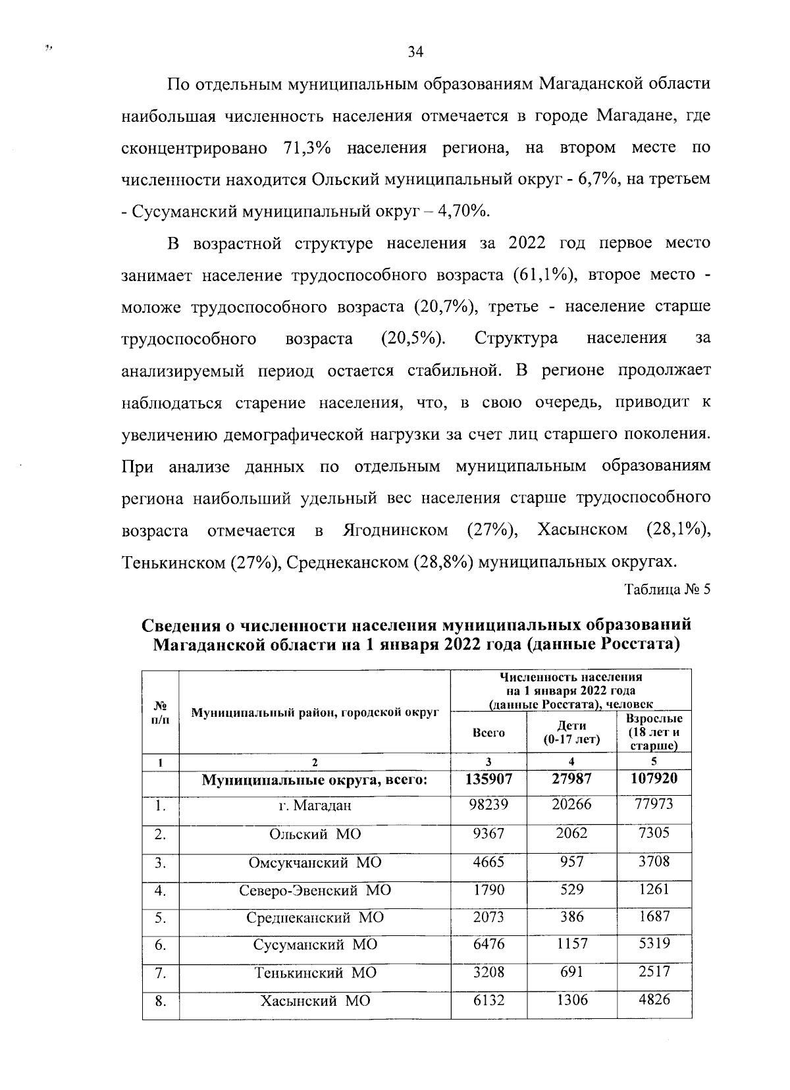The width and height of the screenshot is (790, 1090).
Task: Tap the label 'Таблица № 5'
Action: (668, 589)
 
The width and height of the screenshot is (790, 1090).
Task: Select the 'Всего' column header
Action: (488, 733)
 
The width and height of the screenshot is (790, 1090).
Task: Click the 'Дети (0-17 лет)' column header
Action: (571, 733)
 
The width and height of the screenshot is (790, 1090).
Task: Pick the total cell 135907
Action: (488, 780)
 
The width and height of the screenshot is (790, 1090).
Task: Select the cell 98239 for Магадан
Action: (488, 805)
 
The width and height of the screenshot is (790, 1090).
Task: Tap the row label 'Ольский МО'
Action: (315, 834)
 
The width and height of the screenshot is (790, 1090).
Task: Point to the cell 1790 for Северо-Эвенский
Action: (488, 889)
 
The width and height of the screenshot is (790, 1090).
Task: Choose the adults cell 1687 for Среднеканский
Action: (654, 916)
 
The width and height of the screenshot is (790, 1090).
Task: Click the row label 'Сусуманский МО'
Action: (315, 945)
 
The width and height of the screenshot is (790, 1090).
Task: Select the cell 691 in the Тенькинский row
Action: (571, 972)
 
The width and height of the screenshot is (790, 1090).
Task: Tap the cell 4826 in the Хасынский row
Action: (654, 1000)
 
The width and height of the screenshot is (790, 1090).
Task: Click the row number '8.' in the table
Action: (160, 1001)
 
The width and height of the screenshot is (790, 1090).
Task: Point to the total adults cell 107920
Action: (654, 780)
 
